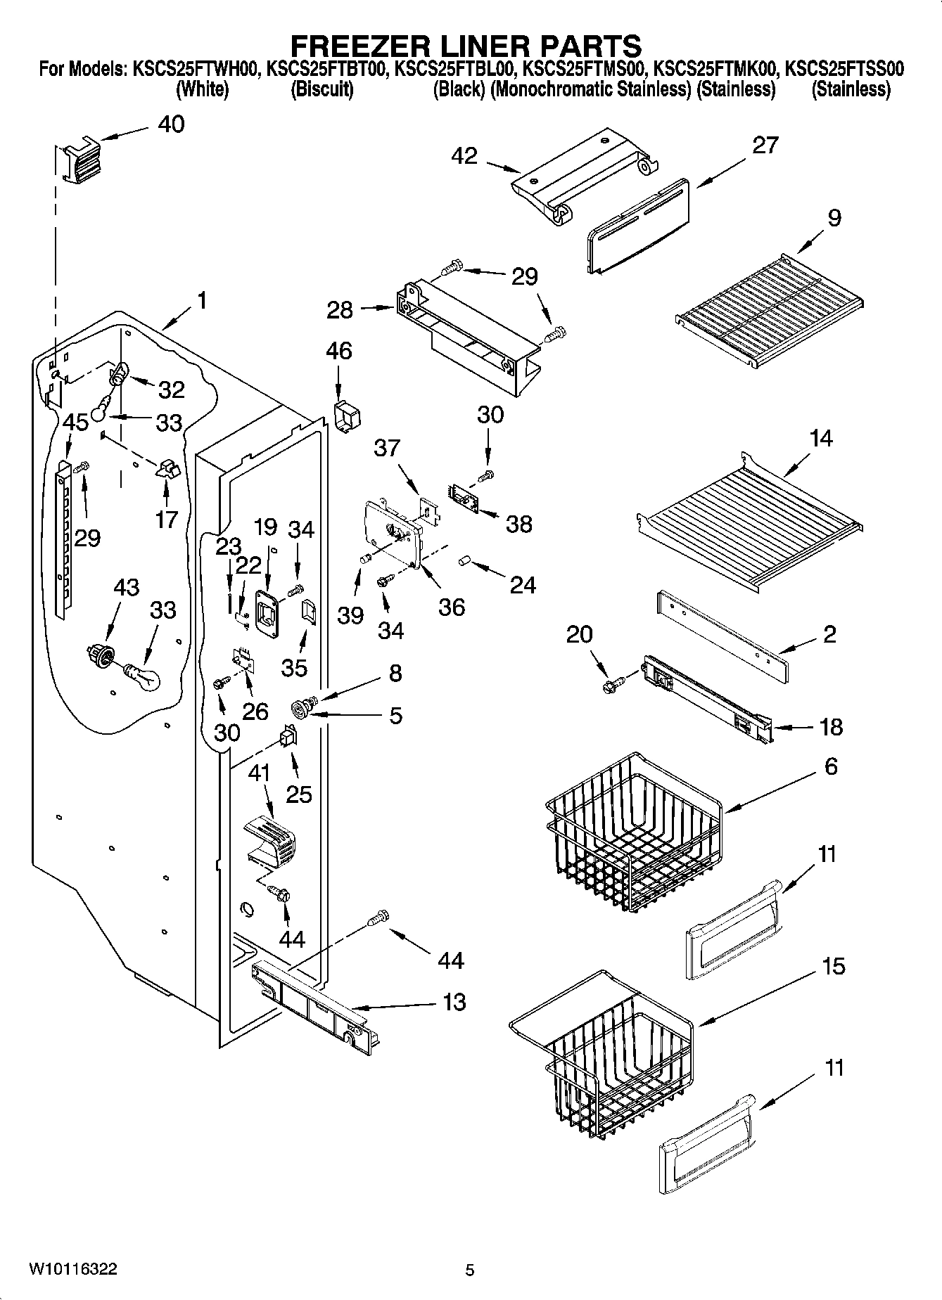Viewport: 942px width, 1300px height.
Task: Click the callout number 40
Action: tap(171, 124)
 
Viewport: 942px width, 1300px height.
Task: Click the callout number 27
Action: tap(765, 146)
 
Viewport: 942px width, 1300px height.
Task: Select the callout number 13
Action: tap(454, 1002)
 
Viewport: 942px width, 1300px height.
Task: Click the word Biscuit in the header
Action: tap(322, 89)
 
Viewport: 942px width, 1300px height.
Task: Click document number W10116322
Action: tap(73, 1269)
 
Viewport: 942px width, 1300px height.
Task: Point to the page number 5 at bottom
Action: tap(470, 1270)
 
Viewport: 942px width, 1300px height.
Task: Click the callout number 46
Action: tap(339, 351)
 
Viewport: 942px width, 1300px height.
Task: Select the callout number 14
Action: tap(820, 439)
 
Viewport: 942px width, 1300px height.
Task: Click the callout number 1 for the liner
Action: tap(201, 302)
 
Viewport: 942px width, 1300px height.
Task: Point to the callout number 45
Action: tap(75, 423)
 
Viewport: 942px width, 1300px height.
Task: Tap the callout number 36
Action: tap(451, 607)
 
